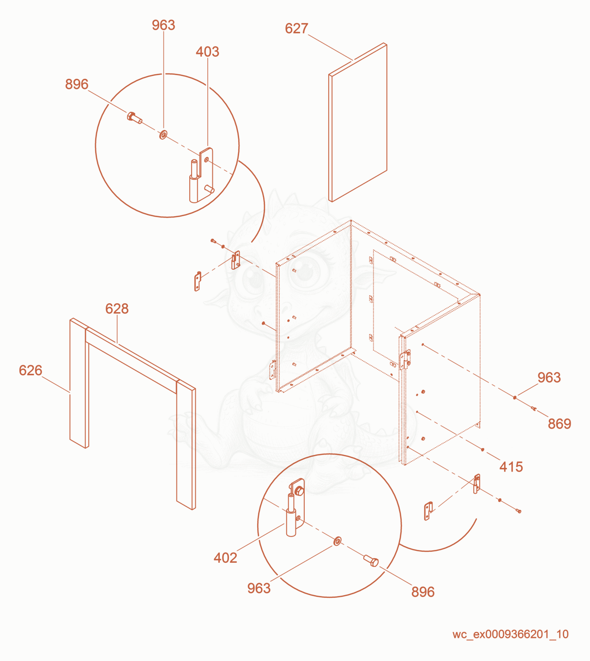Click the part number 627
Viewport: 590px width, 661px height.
tap(296, 29)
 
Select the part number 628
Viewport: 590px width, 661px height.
tap(117, 309)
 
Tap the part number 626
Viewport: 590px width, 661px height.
tap(30, 370)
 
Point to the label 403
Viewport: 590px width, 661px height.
tap(207, 52)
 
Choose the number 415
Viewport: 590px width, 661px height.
tap(511, 467)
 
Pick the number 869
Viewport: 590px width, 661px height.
tap(559, 424)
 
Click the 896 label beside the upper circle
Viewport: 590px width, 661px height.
tap(77, 84)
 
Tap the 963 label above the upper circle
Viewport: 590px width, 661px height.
tap(163, 25)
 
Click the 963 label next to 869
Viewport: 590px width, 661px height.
tap(549, 378)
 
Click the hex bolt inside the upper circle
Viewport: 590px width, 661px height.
tap(134, 118)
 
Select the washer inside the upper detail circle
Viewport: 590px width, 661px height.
tap(163, 135)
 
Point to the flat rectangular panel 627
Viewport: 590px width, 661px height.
tap(358, 122)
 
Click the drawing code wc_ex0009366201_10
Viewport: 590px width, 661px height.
tap(510, 634)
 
